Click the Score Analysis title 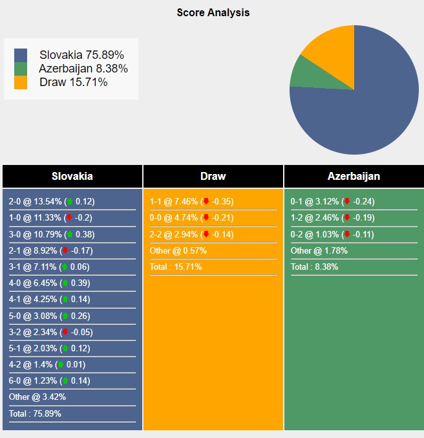pos(213,12)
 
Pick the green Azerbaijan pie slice pos(301,72)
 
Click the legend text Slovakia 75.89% pos(81,55)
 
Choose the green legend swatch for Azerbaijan pos(21,69)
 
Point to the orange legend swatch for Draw pos(21,82)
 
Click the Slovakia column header pos(72,176)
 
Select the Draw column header pos(213,176)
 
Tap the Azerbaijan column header pos(354,176)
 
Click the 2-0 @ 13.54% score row pos(52,201)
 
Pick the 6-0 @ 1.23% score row pos(52,380)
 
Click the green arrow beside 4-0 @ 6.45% pos(65,283)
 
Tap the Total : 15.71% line pos(176,267)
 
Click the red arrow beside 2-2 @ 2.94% pos(206,234)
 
